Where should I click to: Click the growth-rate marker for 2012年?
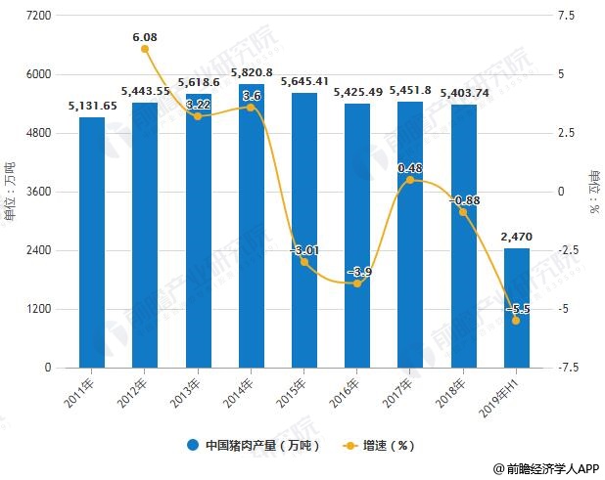(x=145, y=49)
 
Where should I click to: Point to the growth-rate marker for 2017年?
(x=409, y=181)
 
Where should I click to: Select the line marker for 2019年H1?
(x=515, y=321)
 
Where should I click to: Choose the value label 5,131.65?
(x=92, y=106)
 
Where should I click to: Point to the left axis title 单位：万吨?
(x=11, y=192)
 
